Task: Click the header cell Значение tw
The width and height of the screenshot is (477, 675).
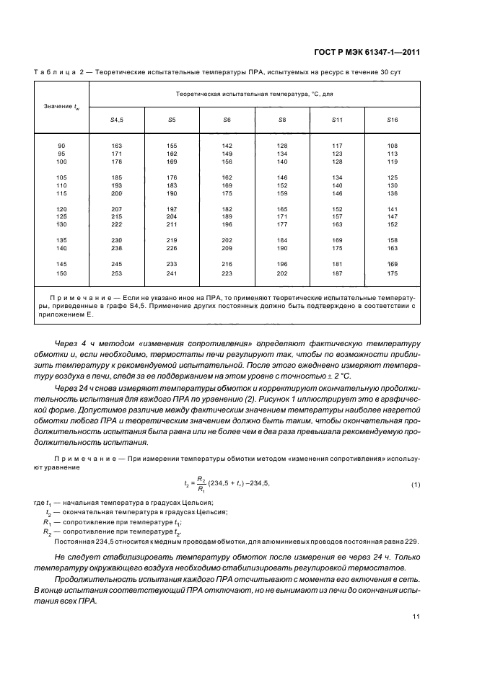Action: [61, 107]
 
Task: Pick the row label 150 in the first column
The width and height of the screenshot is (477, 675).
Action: [61, 273]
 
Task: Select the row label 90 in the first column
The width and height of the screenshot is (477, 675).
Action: [61, 146]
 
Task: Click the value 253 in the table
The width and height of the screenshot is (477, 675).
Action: [117, 273]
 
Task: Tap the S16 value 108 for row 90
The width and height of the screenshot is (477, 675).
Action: [392, 146]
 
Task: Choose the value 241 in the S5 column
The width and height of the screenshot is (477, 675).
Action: [172, 273]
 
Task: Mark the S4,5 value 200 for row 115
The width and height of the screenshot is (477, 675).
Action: [117, 193]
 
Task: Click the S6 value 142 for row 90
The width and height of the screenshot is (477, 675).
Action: [227, 146]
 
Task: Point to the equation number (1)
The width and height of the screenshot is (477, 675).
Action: [416, 484]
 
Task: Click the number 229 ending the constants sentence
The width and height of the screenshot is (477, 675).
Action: [411, 541]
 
